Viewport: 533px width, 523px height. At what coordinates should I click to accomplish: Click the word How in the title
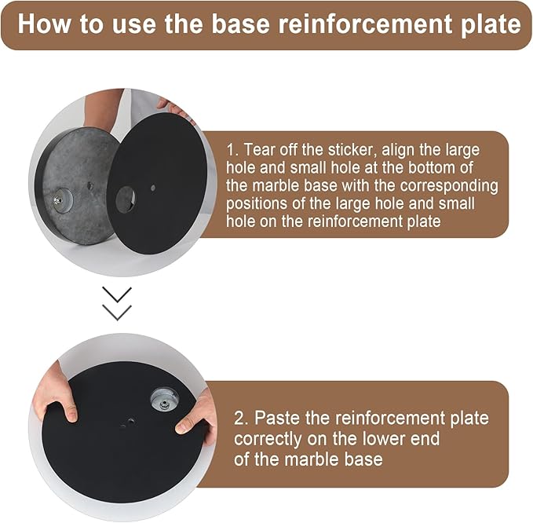pyautogui.click(x=45, y=24)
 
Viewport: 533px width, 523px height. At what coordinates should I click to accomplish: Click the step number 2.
pyautogui.click(x=241, y=419)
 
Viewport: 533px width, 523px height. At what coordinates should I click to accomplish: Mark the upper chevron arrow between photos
pyautogui.click(x=117, y=294)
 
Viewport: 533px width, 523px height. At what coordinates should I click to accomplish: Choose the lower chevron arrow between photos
pyautogui.click(x=117, y=313)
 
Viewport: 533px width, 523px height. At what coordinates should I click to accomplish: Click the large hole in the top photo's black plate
pyautogui.click(x=126, y=199)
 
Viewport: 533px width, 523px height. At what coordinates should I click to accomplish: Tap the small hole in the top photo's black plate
pyautogui.click(x=153, y=188)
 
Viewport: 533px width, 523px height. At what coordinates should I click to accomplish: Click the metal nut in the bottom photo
pyautogui.click(x=165, y=404)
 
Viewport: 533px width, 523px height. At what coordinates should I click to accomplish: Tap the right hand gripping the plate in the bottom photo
pyautogui.click(x=196, y=413)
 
